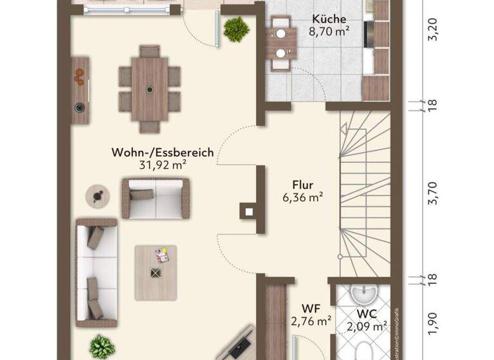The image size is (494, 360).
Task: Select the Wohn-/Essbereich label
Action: [x=163, y=152]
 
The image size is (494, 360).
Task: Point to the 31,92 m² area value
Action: [x=163, y=165]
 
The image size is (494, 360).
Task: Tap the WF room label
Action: [x=311, y=309]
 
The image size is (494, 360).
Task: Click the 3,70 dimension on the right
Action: [x=433, y=192]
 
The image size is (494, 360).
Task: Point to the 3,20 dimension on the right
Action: [x=433, y=30]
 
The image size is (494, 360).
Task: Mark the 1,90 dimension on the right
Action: [x=433, y=321]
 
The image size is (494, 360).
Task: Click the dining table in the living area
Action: [x=149, y=88]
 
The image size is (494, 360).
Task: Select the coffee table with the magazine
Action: [x=155, y=271]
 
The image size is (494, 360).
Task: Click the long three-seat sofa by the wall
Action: [x=97, y=270]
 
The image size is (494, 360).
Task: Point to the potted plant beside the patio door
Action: [x=236, y=28]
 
